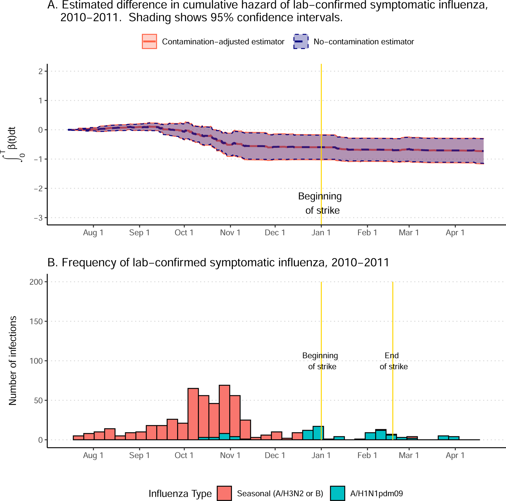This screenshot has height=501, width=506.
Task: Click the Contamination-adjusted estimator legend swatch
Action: (x=149, y=42)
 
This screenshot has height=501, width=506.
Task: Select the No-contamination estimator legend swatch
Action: (x=301, y=42)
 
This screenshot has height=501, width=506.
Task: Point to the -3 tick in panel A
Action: (x=38, y=218)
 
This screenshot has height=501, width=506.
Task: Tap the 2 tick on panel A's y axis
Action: (x=40, y=71)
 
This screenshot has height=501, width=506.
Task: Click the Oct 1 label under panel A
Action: (x=184, y=233)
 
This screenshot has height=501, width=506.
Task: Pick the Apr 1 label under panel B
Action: (x=455, y=455)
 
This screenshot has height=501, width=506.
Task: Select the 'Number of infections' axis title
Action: (x=13, y=361)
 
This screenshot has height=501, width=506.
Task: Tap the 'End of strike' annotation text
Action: (x=393, y=361)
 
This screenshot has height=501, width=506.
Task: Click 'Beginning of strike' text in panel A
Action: (x=320, y=203)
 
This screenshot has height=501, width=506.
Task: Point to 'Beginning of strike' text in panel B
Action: (x=320, y=361)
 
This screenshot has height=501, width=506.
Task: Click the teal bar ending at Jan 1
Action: (x=318, y=433)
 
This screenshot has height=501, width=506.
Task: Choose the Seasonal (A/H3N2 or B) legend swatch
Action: (x=224, y=493)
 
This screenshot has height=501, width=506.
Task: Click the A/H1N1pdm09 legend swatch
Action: (x=337, y=493)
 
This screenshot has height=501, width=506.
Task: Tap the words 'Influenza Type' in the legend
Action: (x=180, y=493)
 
